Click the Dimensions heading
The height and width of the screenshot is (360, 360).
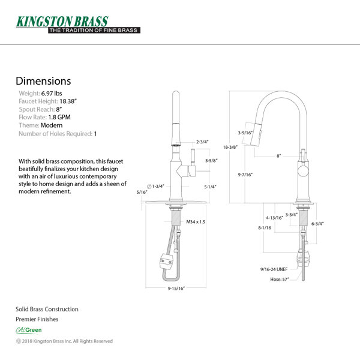(x=43, y=81)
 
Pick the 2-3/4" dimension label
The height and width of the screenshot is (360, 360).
(x=202, y=142)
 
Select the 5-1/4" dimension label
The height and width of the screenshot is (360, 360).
(x=210, y=187)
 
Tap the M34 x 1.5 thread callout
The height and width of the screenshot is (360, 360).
(x=196, y=222)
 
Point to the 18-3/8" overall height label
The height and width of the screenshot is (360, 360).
(x=229, y=146)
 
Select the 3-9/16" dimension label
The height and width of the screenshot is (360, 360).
(x=244, y=133)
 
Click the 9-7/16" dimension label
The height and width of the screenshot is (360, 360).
(x=244, y=175)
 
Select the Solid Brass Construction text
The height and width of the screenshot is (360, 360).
(x=47, y=309)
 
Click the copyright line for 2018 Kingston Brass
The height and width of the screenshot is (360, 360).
(x=64, y=341)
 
